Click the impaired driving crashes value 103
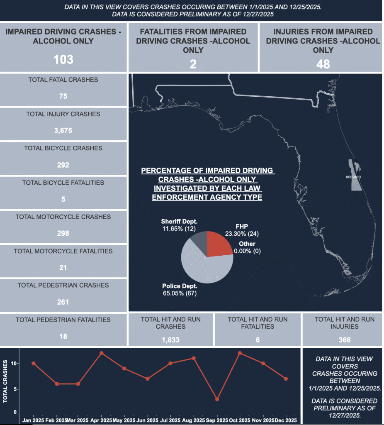coord(63,59)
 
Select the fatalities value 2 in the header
coord(193,64)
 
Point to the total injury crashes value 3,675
coord(63,130)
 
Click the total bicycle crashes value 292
coord(63,165)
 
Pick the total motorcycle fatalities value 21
coord(63,268)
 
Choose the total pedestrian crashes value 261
coord(63,302)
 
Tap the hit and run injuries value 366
coord(344,340)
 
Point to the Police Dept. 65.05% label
coord(180,290)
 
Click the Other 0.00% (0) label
coord(247,247)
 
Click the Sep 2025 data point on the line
coord(217,399)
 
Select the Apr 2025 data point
coord(102,353)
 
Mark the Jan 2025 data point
coord(33,363)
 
